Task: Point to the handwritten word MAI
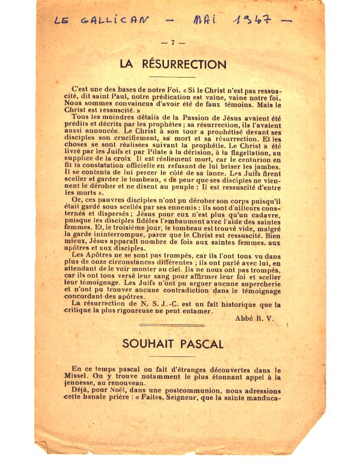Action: coord(206,20)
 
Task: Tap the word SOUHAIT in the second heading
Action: coord(146,344)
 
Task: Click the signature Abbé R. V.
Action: coord(254,319)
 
